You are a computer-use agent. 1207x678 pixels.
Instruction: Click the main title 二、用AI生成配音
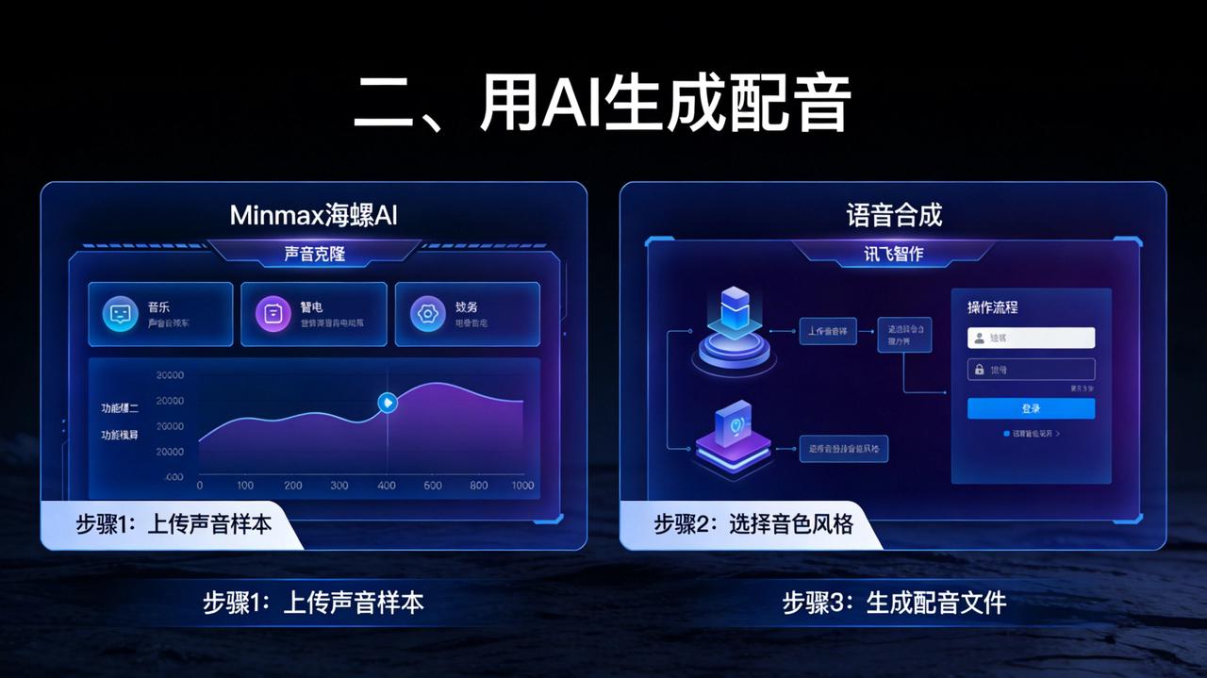(603, 104)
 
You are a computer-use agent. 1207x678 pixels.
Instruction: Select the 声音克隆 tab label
(314, 254)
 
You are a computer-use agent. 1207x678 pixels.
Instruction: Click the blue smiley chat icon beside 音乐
(119, 314)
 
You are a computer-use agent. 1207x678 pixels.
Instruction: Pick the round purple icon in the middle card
(273, 314)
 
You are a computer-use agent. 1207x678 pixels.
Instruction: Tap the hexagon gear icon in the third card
(427, 314)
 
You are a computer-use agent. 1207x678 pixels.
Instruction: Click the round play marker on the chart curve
(387, 403)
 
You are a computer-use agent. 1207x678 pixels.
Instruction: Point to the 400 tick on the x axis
(387, 486)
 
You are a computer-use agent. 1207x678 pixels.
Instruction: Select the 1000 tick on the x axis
(521, 486)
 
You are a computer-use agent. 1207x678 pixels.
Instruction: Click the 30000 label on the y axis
(170, 375)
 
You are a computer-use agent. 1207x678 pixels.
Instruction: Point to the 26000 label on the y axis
(170, 426)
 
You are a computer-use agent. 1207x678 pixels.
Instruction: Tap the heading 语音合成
(894, 215)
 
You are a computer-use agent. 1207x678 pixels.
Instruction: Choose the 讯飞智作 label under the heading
(893, 255)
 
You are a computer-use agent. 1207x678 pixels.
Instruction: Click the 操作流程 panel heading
(992, 307)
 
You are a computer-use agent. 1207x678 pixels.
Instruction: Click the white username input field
(1031, 338)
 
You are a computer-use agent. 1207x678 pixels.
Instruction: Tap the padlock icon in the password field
(979, 370)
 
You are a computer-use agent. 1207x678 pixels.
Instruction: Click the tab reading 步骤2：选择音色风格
(752, 524)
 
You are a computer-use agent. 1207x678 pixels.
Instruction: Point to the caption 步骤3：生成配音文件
(894, 603)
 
